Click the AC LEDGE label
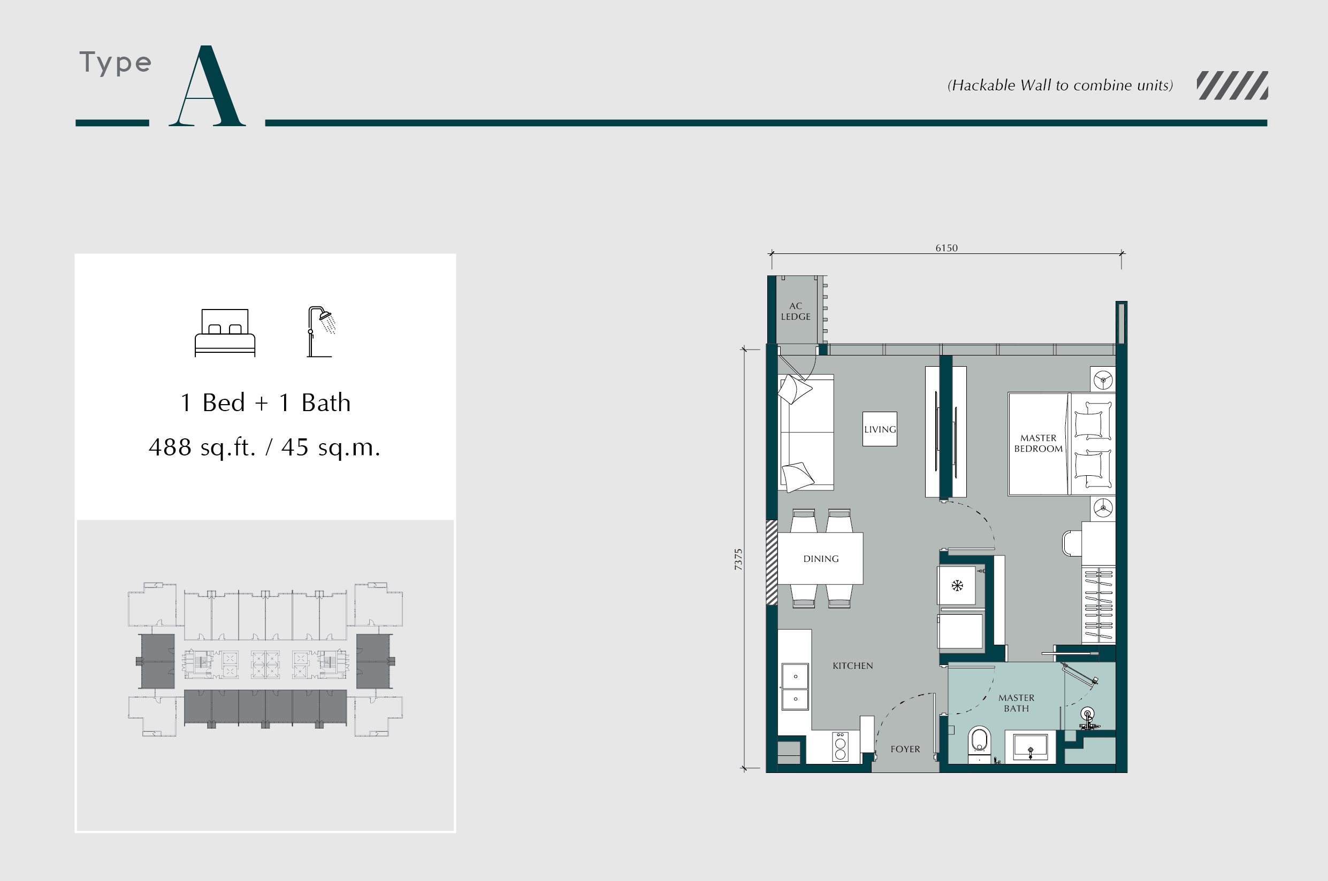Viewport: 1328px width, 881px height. pyautogui.click(x=795, y=311)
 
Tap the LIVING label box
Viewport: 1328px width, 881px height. pyautogui.click(x=879, y=429)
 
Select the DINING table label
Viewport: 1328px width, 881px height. pyautogui.click(x=820, y=559)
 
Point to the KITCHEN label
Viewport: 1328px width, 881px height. pyautogui.click(x=852, y=666)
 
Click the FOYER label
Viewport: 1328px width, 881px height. pyautogui.click(x=905, y=749)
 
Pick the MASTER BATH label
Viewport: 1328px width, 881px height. pyautogui.click(x=1016, y=703)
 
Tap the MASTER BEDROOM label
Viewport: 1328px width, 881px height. pyautogui.click(x=1038, y=443)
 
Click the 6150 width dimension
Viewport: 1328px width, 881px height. pyautogui.click(x=947, y=248)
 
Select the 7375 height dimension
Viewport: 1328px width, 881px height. pyautogui.click(x=738, y=560)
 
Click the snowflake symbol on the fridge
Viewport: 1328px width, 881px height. pyautogui.click(x=957, y=585)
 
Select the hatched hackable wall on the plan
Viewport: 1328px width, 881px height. pyautogui.click(x=772, y=562)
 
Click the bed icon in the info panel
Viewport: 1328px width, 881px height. pyautogui.click(x=225, y=333)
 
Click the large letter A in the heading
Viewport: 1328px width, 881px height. pyautogui.click(x=207, y=87)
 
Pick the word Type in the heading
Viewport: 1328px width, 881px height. pyautogui.click(x=115, y=63)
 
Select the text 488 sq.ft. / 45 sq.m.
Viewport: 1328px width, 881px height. pyautogui.click(x=264, y=448)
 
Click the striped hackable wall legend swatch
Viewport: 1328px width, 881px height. pyautogui.click(x=1232, y=86)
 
